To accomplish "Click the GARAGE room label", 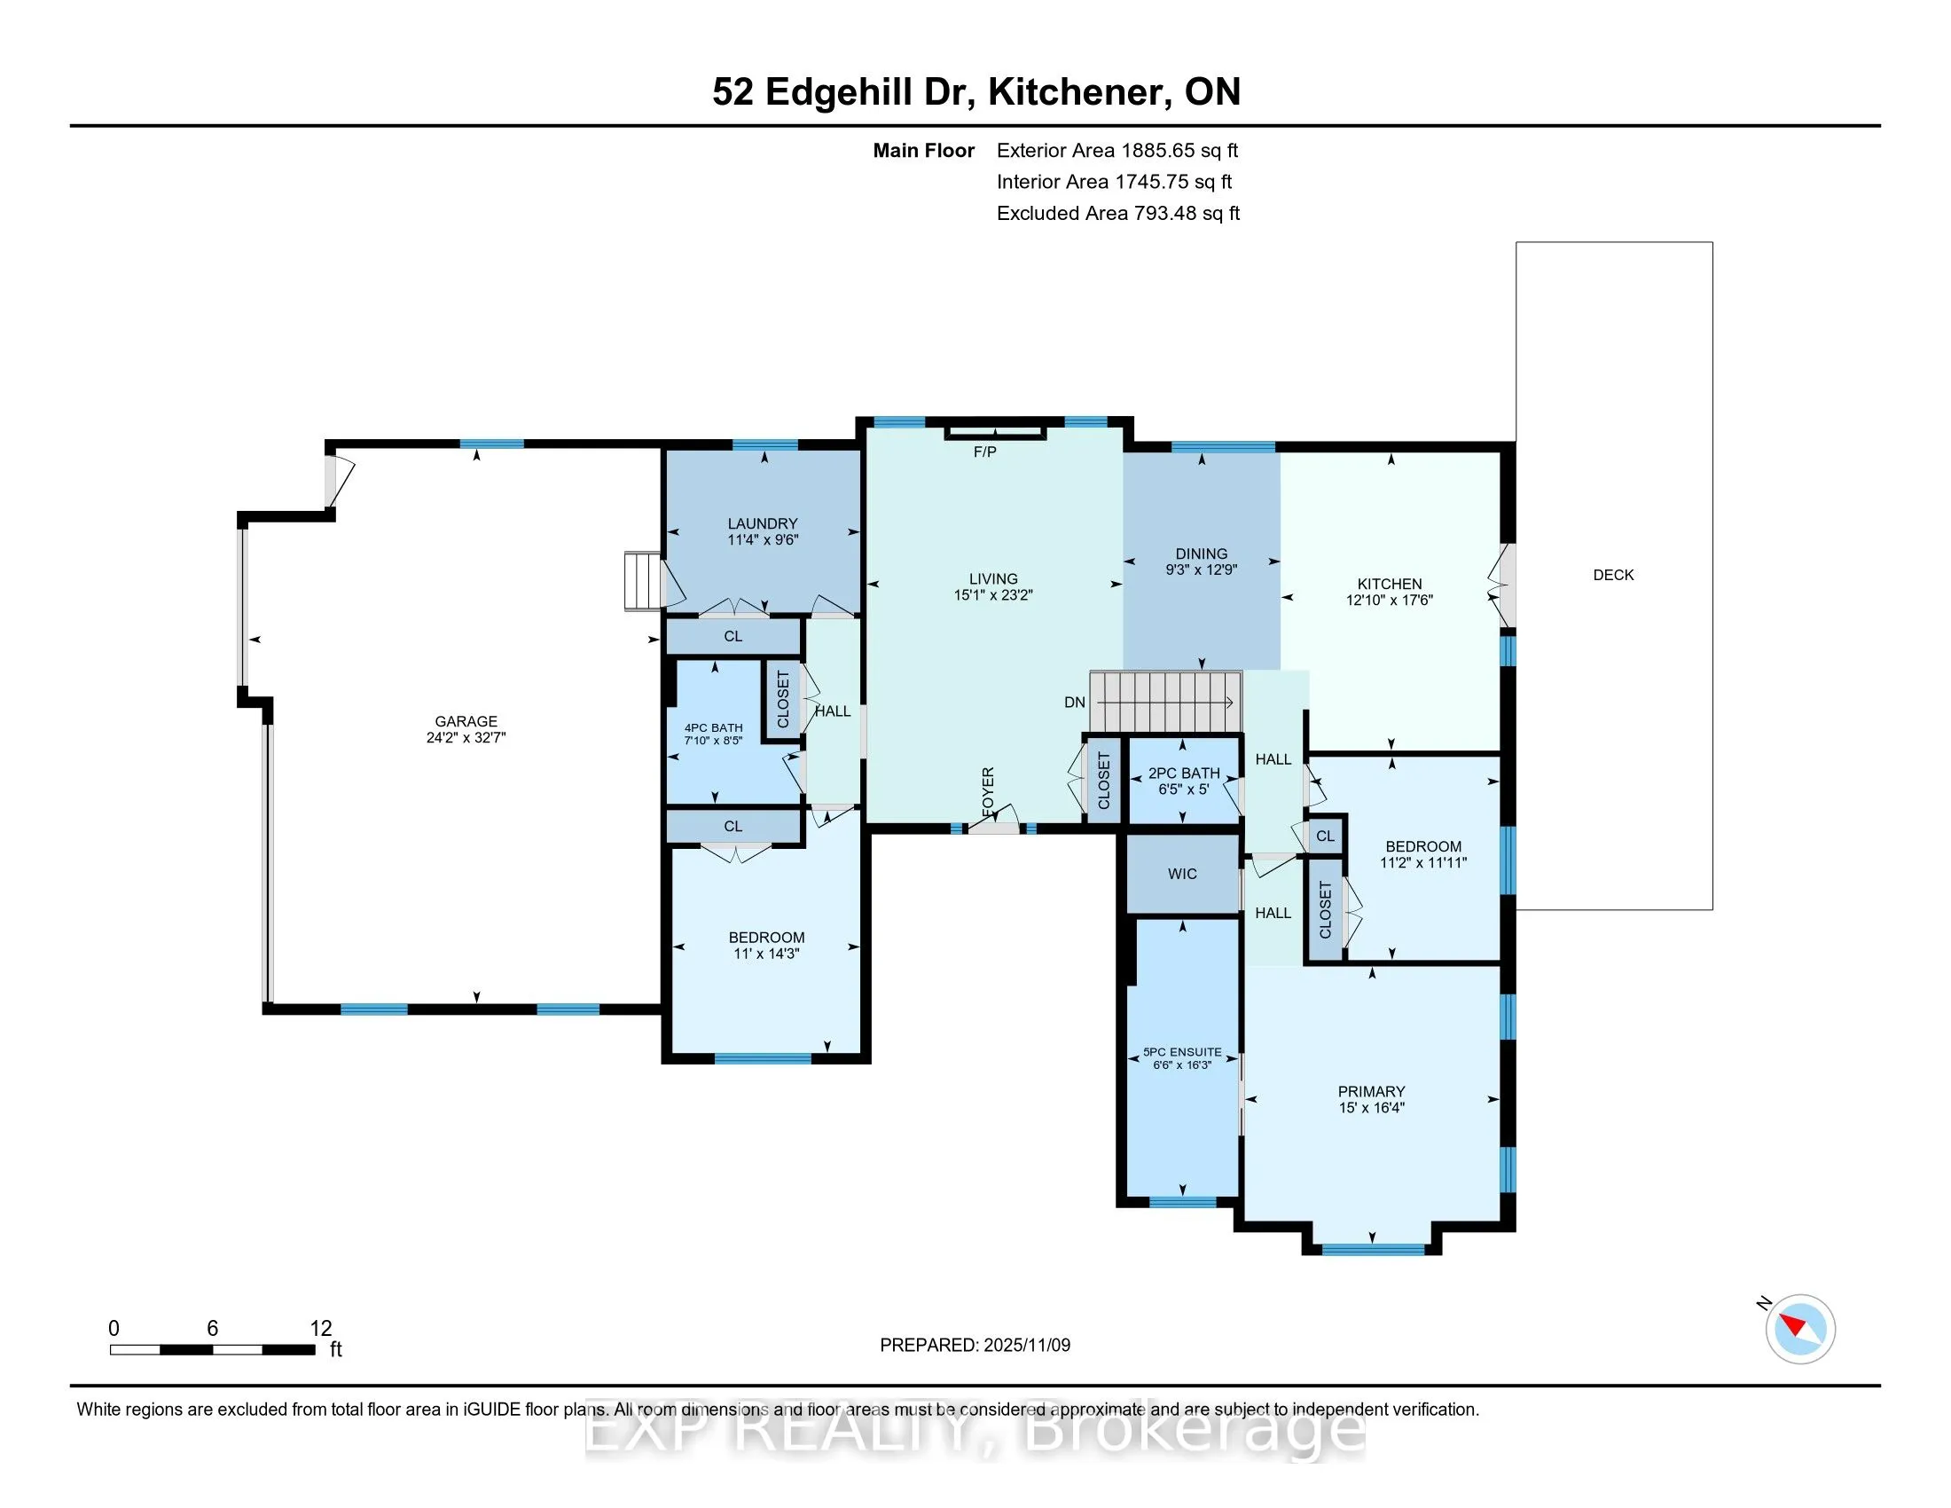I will point(466,721).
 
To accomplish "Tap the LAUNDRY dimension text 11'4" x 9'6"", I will point(762,539).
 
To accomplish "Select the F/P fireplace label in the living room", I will point(984,452).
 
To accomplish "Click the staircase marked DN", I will point(1165,703).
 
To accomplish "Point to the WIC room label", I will point(1182,874).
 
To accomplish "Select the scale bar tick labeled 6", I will point(213,1329).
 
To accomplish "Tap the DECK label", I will point(1612,576).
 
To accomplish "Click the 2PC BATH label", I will point(1184,774).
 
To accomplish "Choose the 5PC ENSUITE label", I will point(1182,1052).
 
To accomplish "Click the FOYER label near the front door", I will point(988,790).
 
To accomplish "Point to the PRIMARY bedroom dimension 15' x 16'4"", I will point(1371,1108).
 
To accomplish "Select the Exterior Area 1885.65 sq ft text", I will point(1117,151).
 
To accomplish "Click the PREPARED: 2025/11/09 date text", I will point(975,1346).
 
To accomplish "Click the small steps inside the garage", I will point(641,581).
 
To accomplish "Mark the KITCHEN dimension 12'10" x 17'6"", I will point(1389,601).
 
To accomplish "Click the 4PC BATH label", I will point(714,728).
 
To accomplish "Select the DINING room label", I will point(1202,554).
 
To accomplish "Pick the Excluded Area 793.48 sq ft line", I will point(1117,214).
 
